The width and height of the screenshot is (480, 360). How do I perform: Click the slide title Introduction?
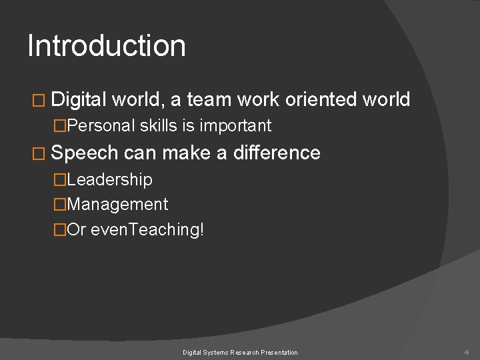pyautogui.click(x=107, y=46)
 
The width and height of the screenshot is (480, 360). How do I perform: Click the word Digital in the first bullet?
pyautogui.click(x=78, y=100)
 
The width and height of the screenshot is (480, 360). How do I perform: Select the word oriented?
pyautogui.click(x=321, y=100)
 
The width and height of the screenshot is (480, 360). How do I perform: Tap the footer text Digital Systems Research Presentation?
pyautogui.click(x=241, y=351)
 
